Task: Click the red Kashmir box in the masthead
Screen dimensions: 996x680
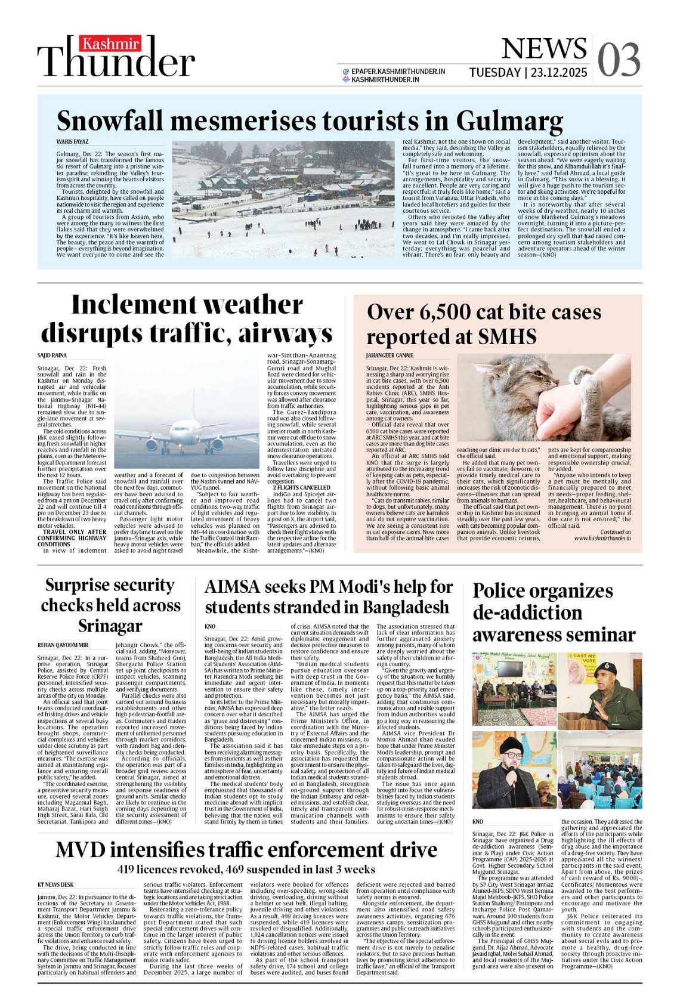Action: click(x=112, y=44)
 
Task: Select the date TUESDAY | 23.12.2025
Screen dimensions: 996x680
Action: click(x=528, y=73)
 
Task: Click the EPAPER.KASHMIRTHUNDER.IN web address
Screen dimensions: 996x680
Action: click(x=398, y=72)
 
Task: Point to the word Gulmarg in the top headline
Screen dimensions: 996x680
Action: click(x=509, y=121)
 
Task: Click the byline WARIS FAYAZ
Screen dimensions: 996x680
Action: click(x=72, y=142)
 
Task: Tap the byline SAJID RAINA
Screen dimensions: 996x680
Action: click(x=52, y=355)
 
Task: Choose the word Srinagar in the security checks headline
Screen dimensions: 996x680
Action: click(x=110, y=626)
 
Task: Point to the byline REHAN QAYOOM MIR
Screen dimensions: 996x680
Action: click(x=63, y=645)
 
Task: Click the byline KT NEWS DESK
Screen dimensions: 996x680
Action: click(x=55, y=884)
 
